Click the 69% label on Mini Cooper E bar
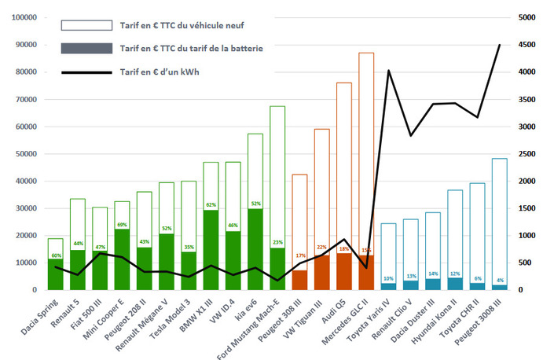(121, 226)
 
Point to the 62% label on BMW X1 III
(211, 205)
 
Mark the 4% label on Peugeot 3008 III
(501, 281)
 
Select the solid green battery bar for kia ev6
(255, 252)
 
